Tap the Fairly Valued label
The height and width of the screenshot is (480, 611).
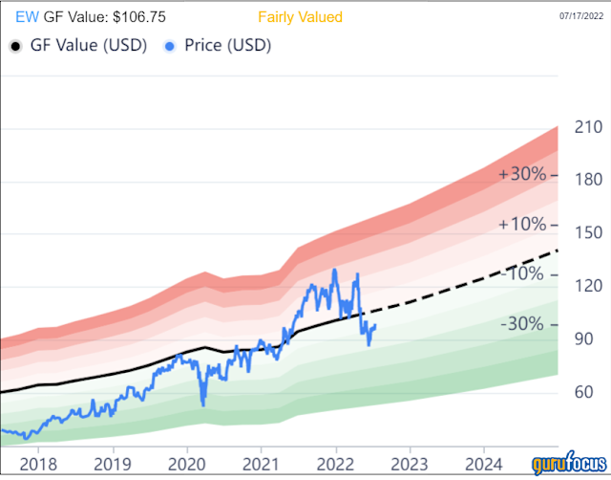[300, 17]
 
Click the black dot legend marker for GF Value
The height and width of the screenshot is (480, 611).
[14, 46]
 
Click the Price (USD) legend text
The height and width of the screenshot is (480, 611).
[227, 46]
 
